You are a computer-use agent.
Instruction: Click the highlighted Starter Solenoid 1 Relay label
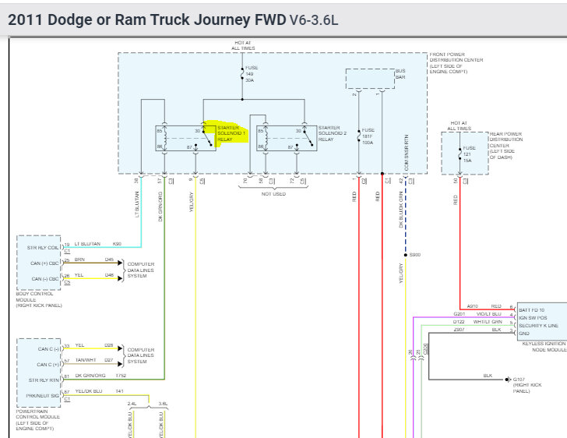point(231,133)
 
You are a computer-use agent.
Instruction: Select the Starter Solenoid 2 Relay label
point(329,133)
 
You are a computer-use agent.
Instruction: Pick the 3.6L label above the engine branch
point(162,404)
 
